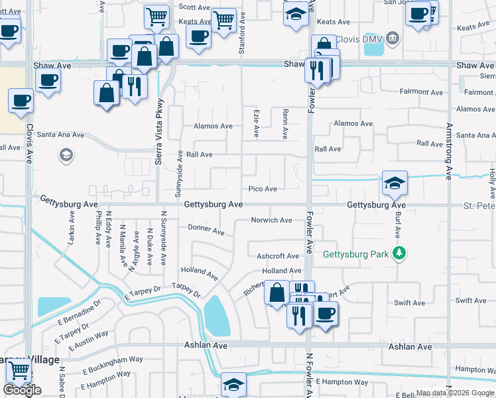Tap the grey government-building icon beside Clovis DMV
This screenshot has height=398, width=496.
(x=393, y=38)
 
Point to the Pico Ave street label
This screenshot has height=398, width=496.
(x=263, y=189)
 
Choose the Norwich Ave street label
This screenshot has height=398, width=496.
(x=271, y=220)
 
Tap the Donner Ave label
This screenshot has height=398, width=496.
(x=206, y=230)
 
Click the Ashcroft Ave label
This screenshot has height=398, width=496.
(x=278, y=255)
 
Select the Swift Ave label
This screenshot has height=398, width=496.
(x=471, y=300)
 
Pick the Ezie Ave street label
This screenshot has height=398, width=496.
(x=256, y=124)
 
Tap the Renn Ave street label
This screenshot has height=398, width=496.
(x=285, y=124)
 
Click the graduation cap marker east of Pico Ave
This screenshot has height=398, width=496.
(x=394, y=184)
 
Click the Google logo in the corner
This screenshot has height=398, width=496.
(x=22, y=390)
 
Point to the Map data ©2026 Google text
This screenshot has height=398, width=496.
(x=455, y=393)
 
